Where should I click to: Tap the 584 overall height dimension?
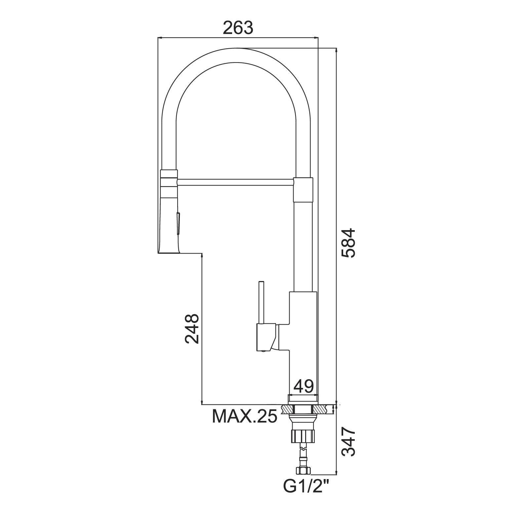[x=348, y=243]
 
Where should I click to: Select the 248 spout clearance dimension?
[x=192, y=329]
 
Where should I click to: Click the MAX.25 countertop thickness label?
[x=244, y=416]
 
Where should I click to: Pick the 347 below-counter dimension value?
[x=348, y=442]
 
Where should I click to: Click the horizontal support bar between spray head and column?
[x=235, y=182]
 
